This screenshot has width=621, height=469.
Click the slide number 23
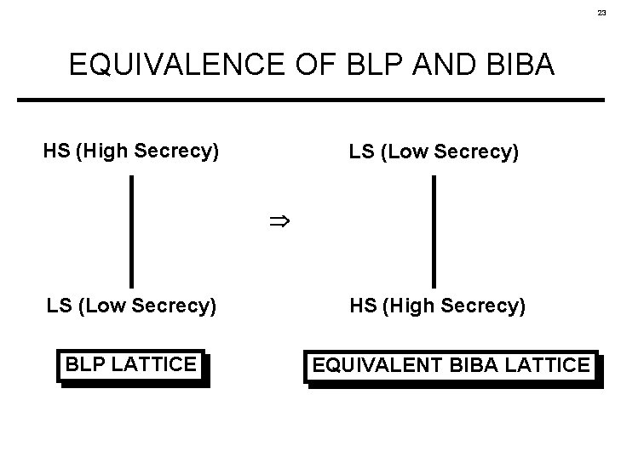click(x=601, y=13)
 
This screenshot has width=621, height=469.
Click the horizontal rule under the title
click(x=310, y=100)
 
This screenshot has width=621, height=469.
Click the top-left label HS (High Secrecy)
click(x=131, y=152)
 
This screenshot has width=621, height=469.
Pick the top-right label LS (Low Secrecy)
click(x=433, y=152)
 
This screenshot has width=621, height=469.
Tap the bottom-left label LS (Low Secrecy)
click(x=131, y=305)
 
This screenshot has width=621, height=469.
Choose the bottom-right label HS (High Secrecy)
click(x=437, y=305)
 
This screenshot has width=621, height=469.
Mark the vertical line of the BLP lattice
click(x=131, y=231)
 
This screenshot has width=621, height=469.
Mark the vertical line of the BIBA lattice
click(x=434, y=231)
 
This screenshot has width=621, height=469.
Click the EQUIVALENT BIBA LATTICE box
click(x=451, y=366)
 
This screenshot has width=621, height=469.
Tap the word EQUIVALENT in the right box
click(x=378, y=366)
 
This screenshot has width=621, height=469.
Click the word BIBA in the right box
click(x=474, y=366)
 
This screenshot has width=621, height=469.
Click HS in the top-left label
click(x=56, y=152)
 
